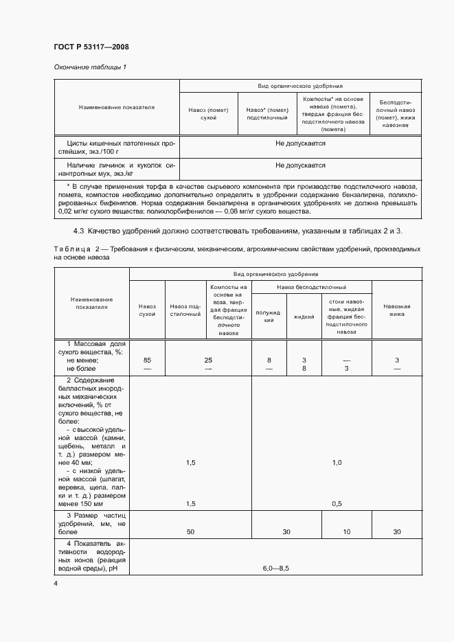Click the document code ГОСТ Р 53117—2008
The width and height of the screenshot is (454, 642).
point(91,47)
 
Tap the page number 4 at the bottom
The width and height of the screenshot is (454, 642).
point(56,583)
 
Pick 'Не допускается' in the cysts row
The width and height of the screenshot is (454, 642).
point(300,144)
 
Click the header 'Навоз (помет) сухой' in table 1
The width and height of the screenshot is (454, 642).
point(208,114)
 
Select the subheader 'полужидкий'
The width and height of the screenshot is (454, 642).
point(269,317)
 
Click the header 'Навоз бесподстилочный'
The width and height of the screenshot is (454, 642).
point(311,287)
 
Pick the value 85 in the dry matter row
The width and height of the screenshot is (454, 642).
point(147,360)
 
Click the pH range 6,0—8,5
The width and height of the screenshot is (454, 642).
point(277,569)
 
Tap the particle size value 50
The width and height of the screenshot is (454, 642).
point(190,531)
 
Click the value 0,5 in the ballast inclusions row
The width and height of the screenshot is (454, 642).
point(337,503)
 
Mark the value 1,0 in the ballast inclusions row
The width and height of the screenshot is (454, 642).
point(337,463)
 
